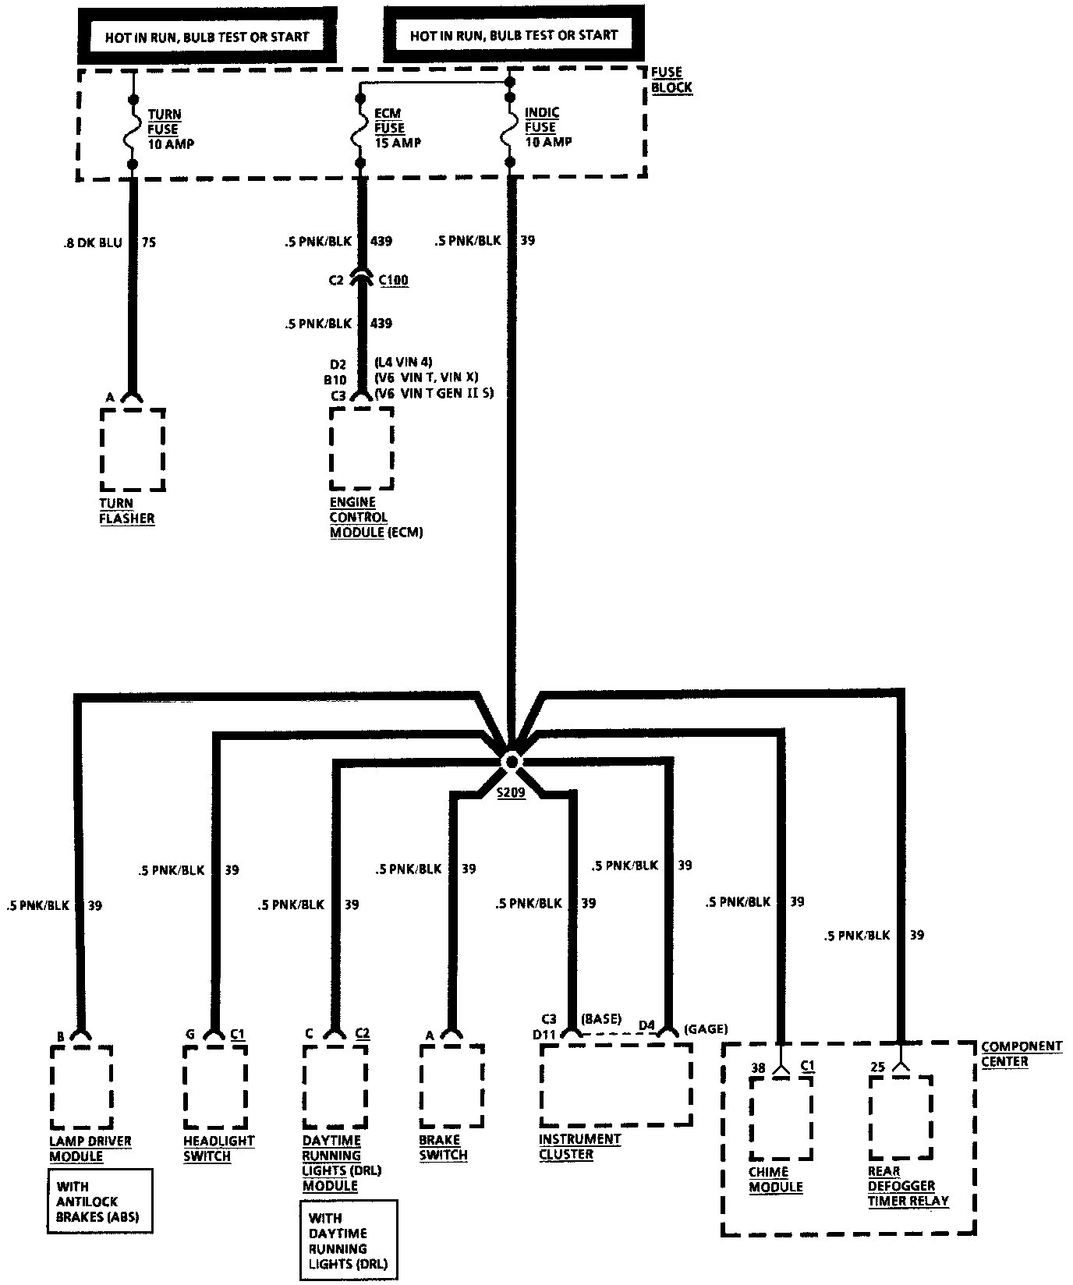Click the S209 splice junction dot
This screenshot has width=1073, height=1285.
[511, 762]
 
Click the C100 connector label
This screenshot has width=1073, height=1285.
[394, 280]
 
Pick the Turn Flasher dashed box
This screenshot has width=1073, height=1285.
[133, 450]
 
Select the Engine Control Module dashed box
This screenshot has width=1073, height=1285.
[361, 449]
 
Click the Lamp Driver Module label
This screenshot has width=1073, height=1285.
[90, 1149]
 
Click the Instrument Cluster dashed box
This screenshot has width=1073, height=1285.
[616, 1085]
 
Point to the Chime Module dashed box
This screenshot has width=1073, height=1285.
[781, 1118]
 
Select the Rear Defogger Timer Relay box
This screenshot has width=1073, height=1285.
[901, 1118]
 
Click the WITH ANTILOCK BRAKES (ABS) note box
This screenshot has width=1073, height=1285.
[100, 1201]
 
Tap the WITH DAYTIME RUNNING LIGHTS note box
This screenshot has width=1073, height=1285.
[349, 1240]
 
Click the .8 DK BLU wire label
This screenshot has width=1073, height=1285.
[93, 242]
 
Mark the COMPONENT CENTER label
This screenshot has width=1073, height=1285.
[1021, 1053]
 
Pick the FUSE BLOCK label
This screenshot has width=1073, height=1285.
[671, 80]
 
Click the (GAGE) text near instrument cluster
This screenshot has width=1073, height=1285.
[705, 1029]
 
